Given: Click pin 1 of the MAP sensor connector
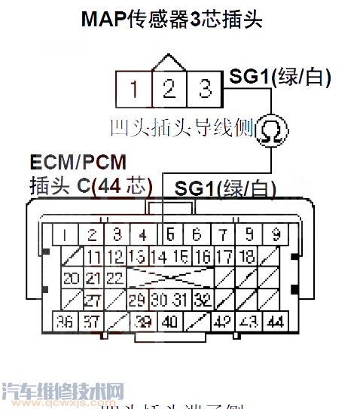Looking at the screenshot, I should (134, 90).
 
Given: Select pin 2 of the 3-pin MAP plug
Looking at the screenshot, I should (169, 90).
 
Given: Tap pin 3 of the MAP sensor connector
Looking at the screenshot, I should (204, 90).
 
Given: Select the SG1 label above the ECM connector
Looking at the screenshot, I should (194, 188).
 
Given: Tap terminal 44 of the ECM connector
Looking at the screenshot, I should (275, 322).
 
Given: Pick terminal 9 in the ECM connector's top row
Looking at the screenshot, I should (276, 234).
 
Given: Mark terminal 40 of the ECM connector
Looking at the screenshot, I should (170, 322).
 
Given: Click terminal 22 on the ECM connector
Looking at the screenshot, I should (114, 278).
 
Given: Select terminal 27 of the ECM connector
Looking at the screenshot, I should (93, 300).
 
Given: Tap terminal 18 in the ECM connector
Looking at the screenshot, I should (247, 256).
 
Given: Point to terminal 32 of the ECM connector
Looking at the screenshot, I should (202, 300).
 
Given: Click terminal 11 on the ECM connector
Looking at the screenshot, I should (93, 256).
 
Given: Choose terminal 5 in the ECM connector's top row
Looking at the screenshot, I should (170, 234).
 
